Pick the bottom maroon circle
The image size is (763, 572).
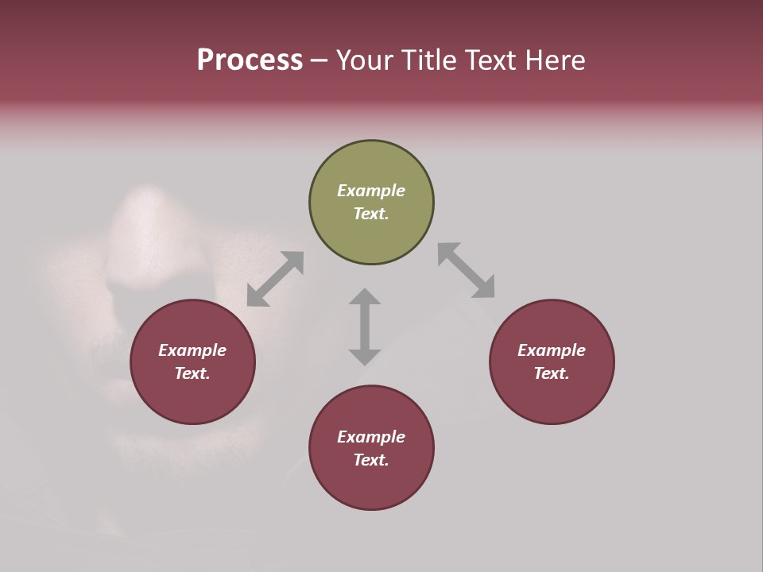tap(371, 485)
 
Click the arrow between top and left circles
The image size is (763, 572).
tap(275, 279)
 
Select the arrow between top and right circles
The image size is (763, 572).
tap(467, 271)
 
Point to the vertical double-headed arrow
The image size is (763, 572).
tap(365, 327)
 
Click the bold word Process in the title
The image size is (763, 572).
tap(250, 60)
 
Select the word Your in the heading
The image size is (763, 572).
tap(362, 60)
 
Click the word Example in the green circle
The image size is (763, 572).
tap(371, 191)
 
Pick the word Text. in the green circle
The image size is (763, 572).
tap(371, 214)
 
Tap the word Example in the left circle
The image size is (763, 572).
tap(192, 350)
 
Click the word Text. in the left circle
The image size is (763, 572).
tap(192, 373)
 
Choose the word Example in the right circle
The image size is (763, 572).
tap(552, 350)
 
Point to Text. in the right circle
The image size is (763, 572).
tap(552, 373)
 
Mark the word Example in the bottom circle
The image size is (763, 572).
tap(371, 437)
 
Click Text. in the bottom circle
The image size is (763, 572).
tap(371, 460)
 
